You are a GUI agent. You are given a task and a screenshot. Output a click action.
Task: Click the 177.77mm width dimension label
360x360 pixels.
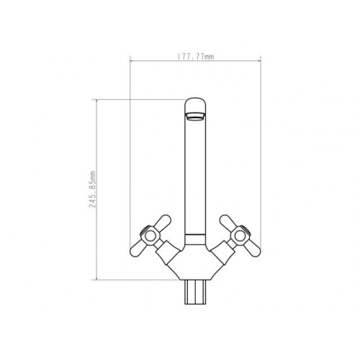(x=196, y=57)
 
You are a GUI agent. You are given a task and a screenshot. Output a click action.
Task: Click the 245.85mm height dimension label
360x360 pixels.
(x=92, y=189)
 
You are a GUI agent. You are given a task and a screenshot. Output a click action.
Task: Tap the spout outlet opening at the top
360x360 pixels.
(x=195, y=117)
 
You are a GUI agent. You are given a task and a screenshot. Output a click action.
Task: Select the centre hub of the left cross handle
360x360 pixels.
(x=150, y=236)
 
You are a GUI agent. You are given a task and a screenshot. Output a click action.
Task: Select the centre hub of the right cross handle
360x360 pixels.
(x=240, y=236)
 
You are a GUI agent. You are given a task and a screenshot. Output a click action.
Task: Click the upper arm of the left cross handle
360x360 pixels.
(x=163, y=222)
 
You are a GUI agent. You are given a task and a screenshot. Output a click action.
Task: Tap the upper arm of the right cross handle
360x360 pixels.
(x=228, y=222)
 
